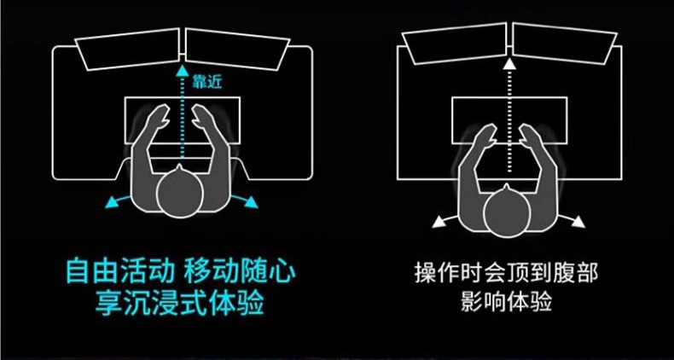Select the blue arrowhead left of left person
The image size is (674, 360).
pyautogui.click(x=112, y=202)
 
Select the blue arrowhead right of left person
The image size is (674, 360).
pyautogui.click(x=253, y=202)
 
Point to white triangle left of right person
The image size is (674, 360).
pyautogui.click(x=439, y=222)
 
